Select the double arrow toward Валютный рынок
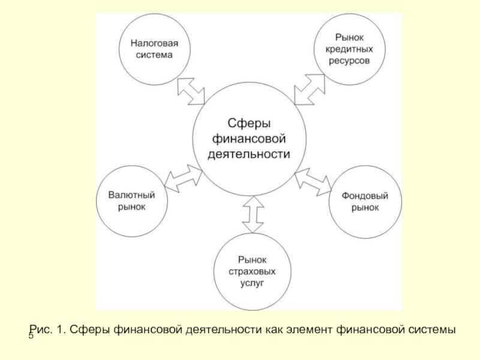click(x=182, y=178)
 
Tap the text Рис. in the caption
click(x=41, y=329)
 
